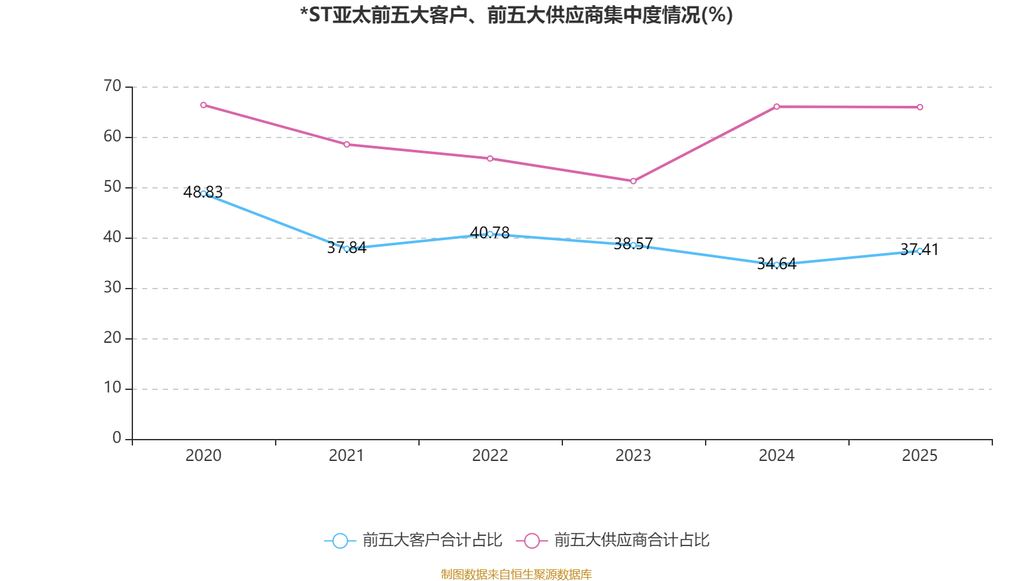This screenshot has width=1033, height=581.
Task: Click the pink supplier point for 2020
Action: click(203, 105)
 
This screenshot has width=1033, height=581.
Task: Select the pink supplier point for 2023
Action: click(633, 181)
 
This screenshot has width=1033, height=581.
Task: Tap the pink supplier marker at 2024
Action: click(777, 107)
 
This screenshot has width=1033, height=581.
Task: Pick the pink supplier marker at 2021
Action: click(347, 145)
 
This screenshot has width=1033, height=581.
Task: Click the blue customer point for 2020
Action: click(203, 193)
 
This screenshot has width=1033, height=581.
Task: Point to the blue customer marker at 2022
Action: click(490, 234)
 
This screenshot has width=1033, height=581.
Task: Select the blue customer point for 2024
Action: click(777, 265)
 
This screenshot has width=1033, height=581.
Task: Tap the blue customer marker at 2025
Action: click(920, 250)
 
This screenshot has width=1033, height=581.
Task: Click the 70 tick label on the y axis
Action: click(112, 86)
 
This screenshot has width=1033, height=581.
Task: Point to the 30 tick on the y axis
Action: click(112, 287)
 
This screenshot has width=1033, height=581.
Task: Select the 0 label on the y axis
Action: click(117, 438)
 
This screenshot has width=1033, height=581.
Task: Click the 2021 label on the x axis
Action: click(347, 456)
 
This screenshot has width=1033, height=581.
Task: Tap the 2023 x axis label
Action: click(633, 456)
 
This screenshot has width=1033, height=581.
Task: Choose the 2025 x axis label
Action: click(920, 456)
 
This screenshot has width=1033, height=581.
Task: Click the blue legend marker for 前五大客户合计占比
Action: click(340, 540)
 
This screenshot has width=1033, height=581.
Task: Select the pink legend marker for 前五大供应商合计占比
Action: click(532, 540)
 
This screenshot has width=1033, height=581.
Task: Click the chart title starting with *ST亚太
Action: click(516, 15)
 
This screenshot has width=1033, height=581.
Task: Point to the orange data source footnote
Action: click(516, 574)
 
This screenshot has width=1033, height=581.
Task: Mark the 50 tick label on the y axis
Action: click(112, 187)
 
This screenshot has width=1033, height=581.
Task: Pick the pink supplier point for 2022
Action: click(490, 159)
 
